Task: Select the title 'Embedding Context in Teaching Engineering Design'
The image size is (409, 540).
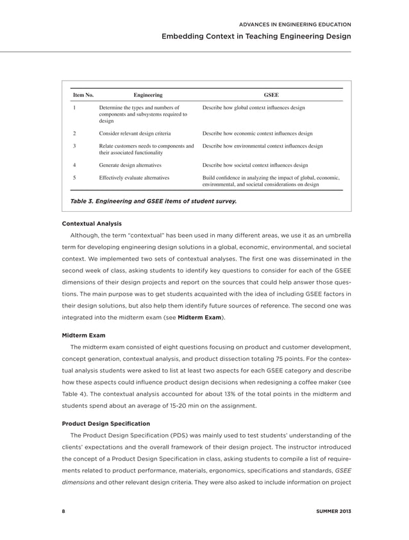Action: click(256, 37)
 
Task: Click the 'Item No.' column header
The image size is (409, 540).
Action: click(83, 95)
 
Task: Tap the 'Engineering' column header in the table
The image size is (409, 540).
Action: click(147, 95)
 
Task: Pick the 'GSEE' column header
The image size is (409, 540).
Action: click(271, 95)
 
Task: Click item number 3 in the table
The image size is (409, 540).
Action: click(75, 146)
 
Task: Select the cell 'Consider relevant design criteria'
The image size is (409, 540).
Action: click(135, 134)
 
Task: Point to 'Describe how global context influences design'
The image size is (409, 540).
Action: click(253, 108)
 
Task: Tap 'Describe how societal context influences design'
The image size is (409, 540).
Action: click(255, 165)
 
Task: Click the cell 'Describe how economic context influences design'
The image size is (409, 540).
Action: click(257, 134)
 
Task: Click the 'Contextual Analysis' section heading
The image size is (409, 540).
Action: click(90, 223)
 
